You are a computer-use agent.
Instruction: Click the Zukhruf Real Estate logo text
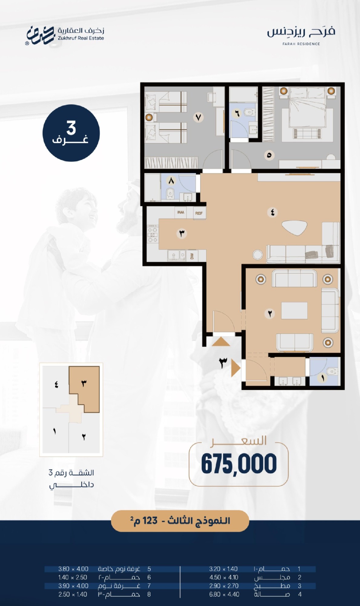tap(81, 38)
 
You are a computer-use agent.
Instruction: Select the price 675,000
tap(239, 464)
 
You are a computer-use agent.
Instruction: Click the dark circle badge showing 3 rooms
tap(71, 133)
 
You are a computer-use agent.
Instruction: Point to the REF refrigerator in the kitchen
tap(199, 213)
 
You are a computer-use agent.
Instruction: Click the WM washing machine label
tap(181, 212)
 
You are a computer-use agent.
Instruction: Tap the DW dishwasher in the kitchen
tap(192, 255)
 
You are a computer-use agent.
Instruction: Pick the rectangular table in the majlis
tap(294, 311)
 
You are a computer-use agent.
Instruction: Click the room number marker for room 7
tap(198, 117)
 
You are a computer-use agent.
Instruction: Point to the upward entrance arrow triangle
tap(221, 342)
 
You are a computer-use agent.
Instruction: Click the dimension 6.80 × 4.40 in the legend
tap(224, 594)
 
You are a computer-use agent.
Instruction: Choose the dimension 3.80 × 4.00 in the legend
tap(73, 569)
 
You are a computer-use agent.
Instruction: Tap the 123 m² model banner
tap(180, 521)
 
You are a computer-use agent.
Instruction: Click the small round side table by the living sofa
tap(258, 255)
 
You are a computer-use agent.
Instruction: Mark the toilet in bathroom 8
tap(170, 193)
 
